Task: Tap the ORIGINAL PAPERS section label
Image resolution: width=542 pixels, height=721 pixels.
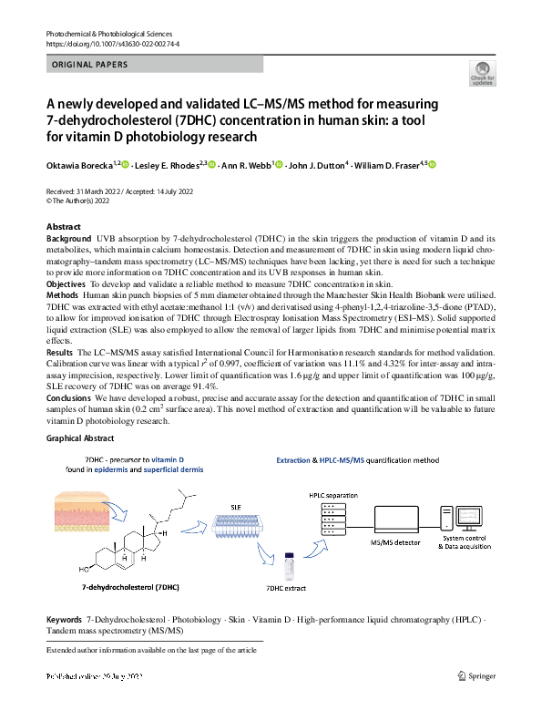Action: point(89,65)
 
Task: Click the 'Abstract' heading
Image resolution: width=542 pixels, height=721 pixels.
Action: point(64,227)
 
